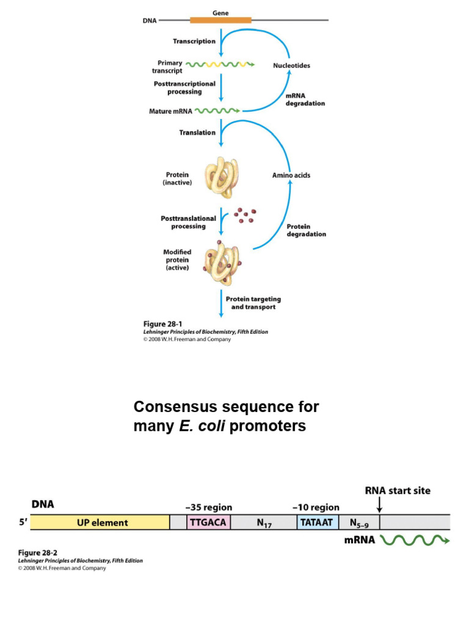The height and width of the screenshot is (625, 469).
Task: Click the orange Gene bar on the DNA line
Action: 220,20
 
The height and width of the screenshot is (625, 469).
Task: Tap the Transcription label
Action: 194,42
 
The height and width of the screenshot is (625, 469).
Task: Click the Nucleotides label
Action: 291,66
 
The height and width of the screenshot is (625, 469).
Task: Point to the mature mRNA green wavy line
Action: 217,112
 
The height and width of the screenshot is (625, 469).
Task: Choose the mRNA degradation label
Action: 305,99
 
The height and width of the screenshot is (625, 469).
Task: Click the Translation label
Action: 197,132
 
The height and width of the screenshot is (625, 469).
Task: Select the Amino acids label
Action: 291,175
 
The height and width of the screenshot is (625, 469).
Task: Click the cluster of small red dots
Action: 245,215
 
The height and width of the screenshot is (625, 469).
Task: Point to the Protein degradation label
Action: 306,230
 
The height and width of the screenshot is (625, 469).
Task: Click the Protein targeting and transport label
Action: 253,303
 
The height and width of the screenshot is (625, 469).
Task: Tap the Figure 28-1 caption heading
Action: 162,323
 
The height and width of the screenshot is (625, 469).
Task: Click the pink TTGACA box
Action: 208,522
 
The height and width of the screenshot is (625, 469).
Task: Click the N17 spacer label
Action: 264,523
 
